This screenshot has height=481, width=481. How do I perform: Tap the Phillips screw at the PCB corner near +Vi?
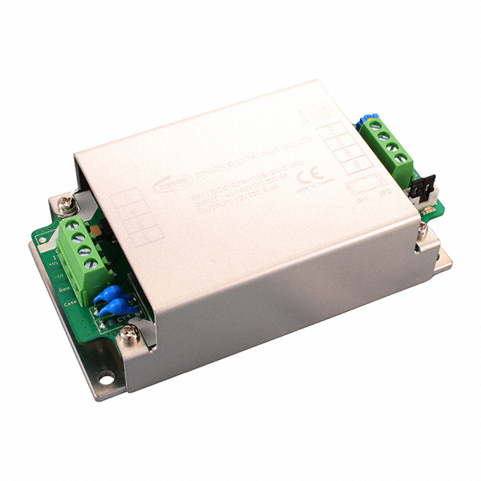(65, 202)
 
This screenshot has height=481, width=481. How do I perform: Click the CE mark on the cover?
(308, 179)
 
